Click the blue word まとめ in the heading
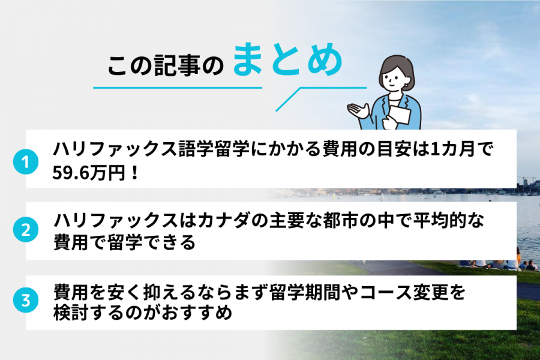(x=287, y=61)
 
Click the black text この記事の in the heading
(x=165, y=66)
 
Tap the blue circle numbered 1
(x=25, y=162)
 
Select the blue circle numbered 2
(x=25, y=230)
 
